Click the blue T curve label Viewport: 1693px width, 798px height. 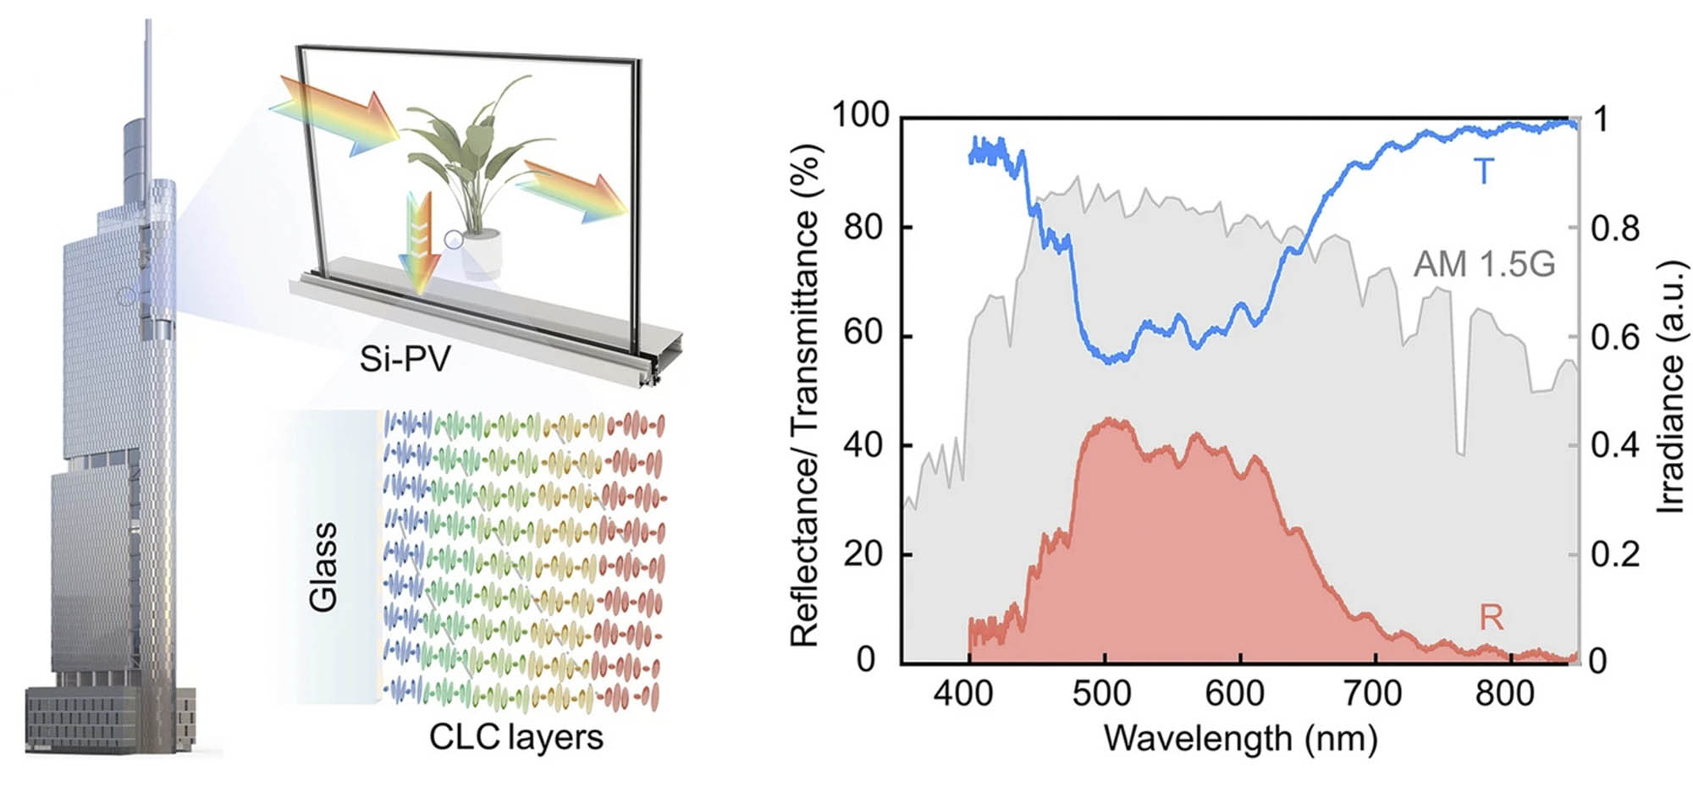pos(1484,172)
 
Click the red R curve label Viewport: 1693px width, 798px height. pos(1491,618)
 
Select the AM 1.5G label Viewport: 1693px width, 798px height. pos(1484,265)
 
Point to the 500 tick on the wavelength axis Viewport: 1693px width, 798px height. pos(1102,694)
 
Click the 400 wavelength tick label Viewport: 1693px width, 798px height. pos(963,694)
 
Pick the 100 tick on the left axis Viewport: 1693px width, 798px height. pos(861,115)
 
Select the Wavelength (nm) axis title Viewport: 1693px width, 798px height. pos(1240,739)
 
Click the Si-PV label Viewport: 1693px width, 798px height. pos(405,359)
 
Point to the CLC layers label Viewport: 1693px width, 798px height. pos(516,737)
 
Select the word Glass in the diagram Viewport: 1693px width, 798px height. pos(323,566)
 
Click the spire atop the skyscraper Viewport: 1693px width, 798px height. pos(149,68)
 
